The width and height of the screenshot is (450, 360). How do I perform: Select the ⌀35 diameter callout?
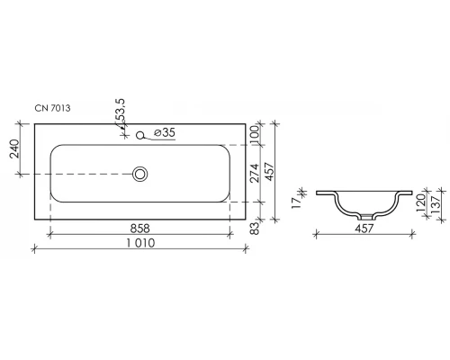[x=164, y=134]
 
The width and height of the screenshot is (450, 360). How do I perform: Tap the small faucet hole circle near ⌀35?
[x=141, y=137]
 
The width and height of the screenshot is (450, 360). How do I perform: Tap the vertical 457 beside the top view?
[x=267, y=170]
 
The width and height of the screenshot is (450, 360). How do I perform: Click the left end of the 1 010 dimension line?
[x=34, y=246]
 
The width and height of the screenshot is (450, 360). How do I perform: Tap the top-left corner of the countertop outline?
[x=34, y=122]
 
